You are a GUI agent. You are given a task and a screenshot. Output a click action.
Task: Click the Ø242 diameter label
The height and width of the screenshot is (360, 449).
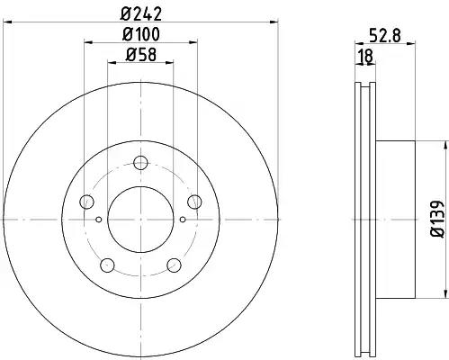pos(141,13)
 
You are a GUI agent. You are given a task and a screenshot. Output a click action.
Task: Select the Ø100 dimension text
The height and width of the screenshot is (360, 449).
pos(141,34)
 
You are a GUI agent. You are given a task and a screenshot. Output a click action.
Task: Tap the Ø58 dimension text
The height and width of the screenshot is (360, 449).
pos(141,55)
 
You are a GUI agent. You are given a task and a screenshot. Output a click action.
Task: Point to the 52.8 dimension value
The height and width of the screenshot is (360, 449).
pos(385,36)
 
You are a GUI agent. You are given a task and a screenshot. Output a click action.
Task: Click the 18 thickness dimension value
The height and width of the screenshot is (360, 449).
pos(366,56)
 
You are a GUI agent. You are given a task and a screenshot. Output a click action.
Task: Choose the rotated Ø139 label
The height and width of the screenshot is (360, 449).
pos(437,219)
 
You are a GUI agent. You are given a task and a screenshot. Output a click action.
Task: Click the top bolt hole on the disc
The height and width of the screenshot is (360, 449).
pos(140,163)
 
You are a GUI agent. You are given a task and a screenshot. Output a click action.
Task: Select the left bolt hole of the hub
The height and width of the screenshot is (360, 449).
pos(87,202)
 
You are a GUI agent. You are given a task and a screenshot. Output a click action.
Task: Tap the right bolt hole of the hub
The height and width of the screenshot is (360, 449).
pos(194,202)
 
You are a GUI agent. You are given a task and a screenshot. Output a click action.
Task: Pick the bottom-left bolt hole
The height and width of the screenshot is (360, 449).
pos(107,265)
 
